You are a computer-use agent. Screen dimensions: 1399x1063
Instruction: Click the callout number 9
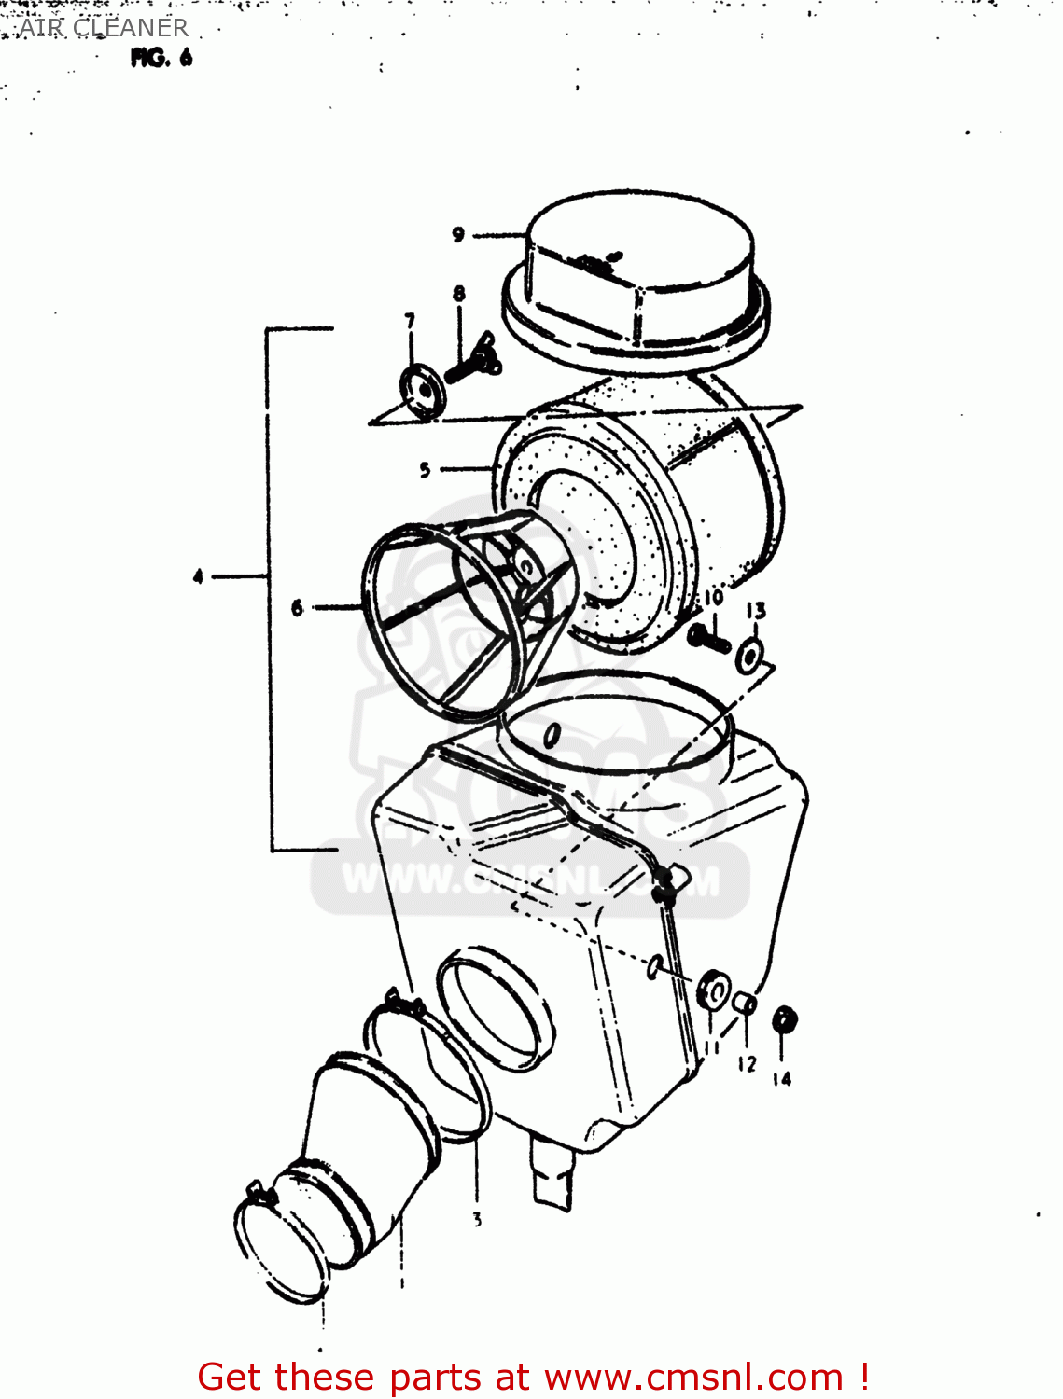[458, 235]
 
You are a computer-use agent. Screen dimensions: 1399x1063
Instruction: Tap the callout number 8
[459, 294]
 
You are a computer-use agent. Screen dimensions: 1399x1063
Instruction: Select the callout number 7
[410, 322]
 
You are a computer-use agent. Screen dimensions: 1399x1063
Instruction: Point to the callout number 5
[425, 470]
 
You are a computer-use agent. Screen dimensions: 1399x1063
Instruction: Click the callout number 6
[298, 608]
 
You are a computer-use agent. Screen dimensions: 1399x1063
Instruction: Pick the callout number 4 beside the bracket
[198, 577]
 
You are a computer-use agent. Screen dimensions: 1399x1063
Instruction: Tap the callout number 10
[713, 598]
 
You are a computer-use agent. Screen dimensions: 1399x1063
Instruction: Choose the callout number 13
[756, 611]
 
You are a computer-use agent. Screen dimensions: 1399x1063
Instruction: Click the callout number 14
[781, 1079]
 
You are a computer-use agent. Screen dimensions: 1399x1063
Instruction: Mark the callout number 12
[747, 1064]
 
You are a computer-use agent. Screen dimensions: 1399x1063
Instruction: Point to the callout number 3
[477, 1219]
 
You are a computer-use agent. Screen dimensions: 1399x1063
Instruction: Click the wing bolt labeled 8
[474, 360]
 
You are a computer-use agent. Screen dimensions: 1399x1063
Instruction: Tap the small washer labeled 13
[748, 656]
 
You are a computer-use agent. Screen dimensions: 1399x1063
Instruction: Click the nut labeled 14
[784, 1020]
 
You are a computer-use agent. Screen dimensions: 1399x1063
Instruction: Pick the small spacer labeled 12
[745, 1004]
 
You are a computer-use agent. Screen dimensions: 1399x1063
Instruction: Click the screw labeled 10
[708, 639]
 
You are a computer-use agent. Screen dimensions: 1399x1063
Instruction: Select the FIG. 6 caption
[161, 58]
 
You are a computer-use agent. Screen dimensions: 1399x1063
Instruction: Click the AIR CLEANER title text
[104, 28]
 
